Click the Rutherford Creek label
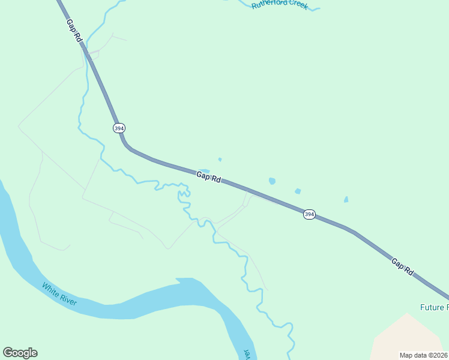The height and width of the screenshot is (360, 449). (x=279, y=5)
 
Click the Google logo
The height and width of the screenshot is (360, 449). (x=20, y=353)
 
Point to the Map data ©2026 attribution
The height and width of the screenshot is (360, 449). (x=424, y=355)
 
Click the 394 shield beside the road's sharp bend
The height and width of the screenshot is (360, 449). (x=119, y=128)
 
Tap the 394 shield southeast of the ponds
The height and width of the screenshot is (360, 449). (x=309, y=214)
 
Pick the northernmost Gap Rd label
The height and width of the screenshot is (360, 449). (x=74, y=30)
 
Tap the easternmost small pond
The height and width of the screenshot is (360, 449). (x=346, y=199)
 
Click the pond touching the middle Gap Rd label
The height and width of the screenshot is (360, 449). (x=205, y=171)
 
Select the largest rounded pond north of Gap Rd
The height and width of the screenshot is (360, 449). (x=272, y=181)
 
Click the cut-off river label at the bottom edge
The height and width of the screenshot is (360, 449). (x=246, y=354)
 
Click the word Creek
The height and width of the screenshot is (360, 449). (x=298, y=5)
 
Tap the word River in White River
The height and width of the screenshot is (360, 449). (x=67, y=298)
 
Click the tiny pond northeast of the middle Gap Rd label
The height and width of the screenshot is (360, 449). (x=220, y=159)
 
